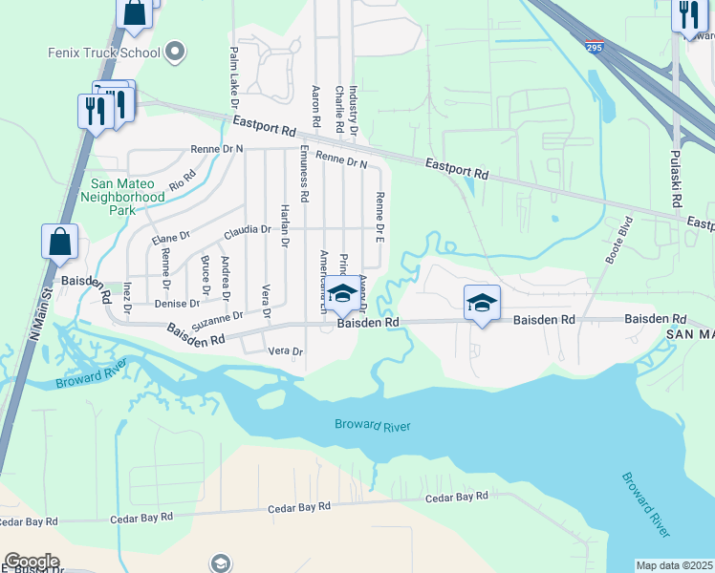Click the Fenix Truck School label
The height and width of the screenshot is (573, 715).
point(103,52)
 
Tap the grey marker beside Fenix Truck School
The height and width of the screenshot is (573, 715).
point(175,51)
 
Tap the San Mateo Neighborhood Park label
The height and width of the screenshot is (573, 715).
point(128,197)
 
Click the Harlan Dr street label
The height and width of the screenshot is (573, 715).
point(284,226)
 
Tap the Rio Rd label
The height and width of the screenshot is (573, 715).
point(183,178)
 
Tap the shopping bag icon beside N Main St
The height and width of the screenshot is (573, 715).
point(59,243)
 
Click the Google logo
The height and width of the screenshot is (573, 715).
point(32,562)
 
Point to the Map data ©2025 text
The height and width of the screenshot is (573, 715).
point(674,565)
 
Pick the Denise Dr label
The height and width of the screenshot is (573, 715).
point(177,304)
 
